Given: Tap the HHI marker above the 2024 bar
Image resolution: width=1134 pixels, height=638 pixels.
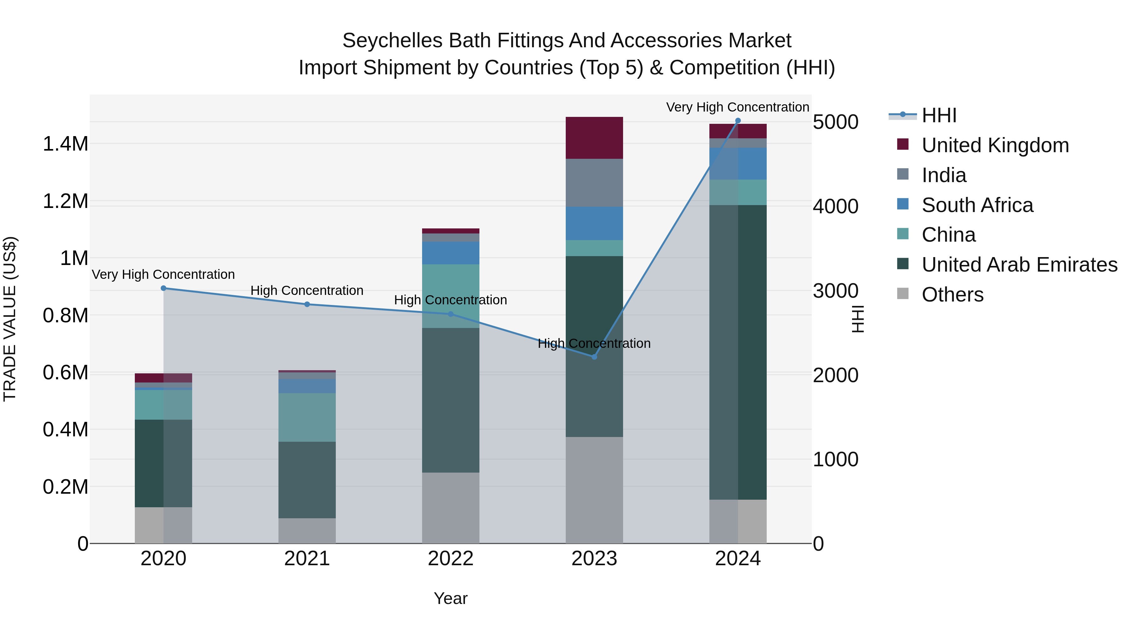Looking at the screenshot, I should click(738, 121).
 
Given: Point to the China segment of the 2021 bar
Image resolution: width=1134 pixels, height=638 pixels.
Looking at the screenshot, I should click(307, 417).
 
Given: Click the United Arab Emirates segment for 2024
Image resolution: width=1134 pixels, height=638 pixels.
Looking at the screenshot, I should click(738, 352).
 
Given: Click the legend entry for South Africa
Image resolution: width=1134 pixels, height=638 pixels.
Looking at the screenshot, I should click(977, 205).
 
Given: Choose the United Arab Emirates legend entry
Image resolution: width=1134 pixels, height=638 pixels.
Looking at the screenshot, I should click(1019, 265).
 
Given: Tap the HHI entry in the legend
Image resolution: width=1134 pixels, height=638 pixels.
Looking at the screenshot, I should click(939, 115).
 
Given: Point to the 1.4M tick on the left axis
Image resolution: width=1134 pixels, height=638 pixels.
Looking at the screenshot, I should click(65, 144).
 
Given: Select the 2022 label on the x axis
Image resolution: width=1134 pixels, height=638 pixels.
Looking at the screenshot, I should click(450, 559).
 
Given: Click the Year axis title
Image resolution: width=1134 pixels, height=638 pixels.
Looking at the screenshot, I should click(450, 598).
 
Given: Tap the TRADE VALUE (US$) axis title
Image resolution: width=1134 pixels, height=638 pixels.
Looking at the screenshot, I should click(10, 319).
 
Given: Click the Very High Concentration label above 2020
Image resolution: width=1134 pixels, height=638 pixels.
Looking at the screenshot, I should click(163, 274).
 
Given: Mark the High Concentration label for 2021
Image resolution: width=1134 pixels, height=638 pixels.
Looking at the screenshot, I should click(307, 290).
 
